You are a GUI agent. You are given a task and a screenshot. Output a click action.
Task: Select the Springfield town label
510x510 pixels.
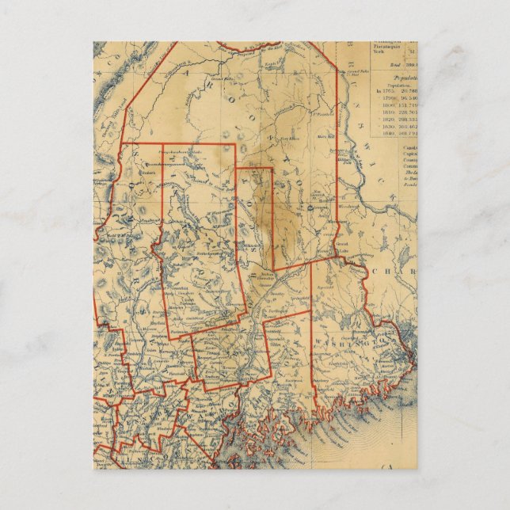tap(299, 299)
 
